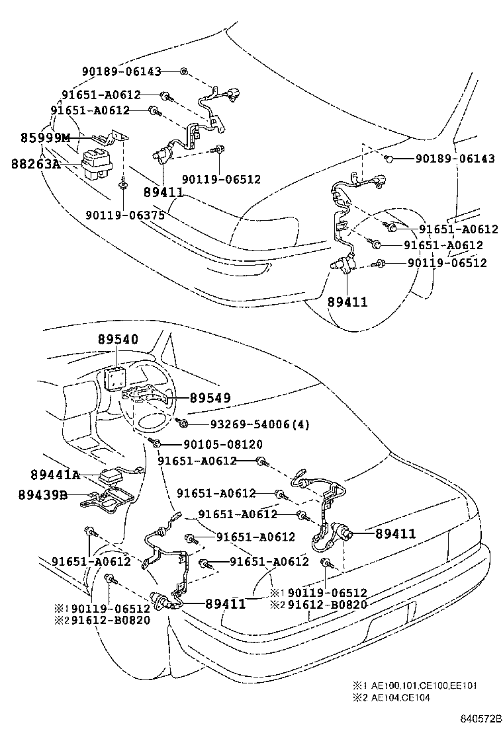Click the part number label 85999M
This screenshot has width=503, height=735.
click(x=44, y=137)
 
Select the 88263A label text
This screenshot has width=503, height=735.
click(x=35, y=163)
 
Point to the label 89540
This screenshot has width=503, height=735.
click(x=118, y=339)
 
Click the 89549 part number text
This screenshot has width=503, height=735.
click(x=210, y=398)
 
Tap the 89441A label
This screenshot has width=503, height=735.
click(x=55, y=475)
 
